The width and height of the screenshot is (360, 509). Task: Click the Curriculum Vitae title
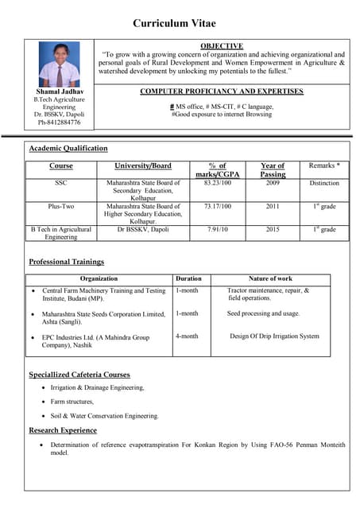coord(174,24)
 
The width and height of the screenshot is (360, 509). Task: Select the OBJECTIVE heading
coord(222,46)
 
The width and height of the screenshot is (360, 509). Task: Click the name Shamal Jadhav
coord(60,93)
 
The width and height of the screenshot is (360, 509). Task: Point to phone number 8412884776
coord(63,122)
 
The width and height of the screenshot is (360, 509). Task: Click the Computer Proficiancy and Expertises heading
coord(222,91)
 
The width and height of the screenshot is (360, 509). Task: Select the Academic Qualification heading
coord(68,149)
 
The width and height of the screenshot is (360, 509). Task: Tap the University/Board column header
coord(144,166)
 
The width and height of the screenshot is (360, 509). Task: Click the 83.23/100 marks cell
coord(217,183)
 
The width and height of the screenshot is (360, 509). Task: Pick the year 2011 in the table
coord(273,206)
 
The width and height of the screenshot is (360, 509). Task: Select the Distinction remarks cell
coord(324,183)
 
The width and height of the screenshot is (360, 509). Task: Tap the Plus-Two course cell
coord(61,206)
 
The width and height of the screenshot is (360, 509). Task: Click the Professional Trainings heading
coord(66,262)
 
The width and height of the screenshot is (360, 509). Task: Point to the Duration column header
coord(188,279)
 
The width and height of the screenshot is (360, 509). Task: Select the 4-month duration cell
coord(187,336)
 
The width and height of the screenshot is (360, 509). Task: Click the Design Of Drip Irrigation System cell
coord(274,336)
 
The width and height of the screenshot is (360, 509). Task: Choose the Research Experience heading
coord(63,430)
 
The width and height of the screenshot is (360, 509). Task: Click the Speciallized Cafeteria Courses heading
coord(79,374)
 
